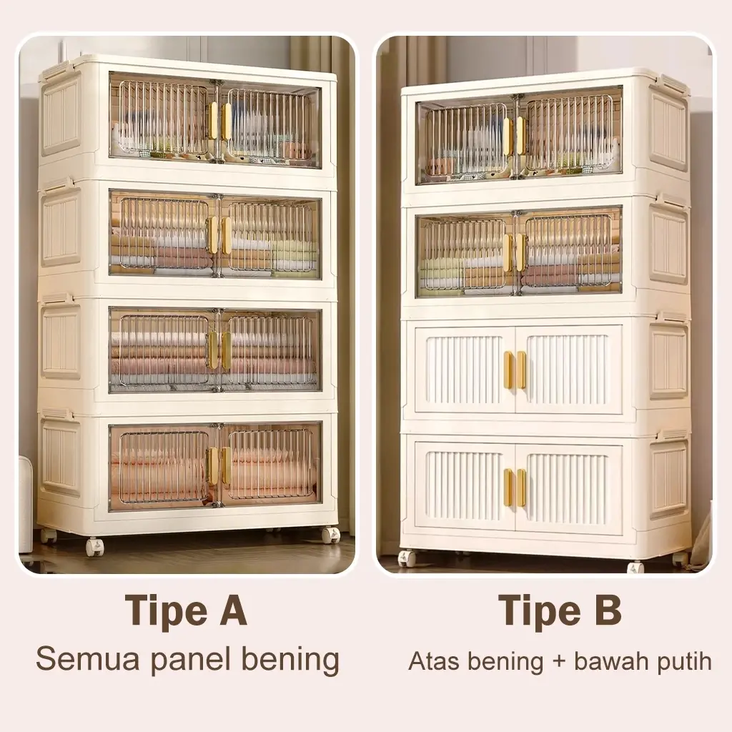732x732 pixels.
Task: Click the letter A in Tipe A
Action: pyautogui.click(x=233, y=610)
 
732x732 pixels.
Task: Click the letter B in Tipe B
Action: pyautogui.click(x=608, y=610)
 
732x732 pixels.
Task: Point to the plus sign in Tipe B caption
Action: pyautogui.click(x=559, y=663)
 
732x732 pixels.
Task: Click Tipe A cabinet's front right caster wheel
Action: pyautogui.click(x=330, y=535)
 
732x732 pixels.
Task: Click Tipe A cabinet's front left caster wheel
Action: pyautogui.click(x=95, y=546)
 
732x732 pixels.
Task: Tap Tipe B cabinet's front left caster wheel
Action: pyautogui.click(x=406, y=558)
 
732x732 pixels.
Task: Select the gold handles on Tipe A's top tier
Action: pyautogui.click(x=219, y=121)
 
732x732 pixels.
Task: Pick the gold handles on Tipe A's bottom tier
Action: pyautogui.click(x=219, y=465)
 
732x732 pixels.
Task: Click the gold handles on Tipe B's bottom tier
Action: pyautogui.click(x=515, y=488)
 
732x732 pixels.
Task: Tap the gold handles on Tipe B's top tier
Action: pyautogui.click(x=514, y=135)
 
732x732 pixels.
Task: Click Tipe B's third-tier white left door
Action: pyautogui.click(x=465, y=370)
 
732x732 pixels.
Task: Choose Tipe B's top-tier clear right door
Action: pyautogui.click(x=569, y=134)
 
